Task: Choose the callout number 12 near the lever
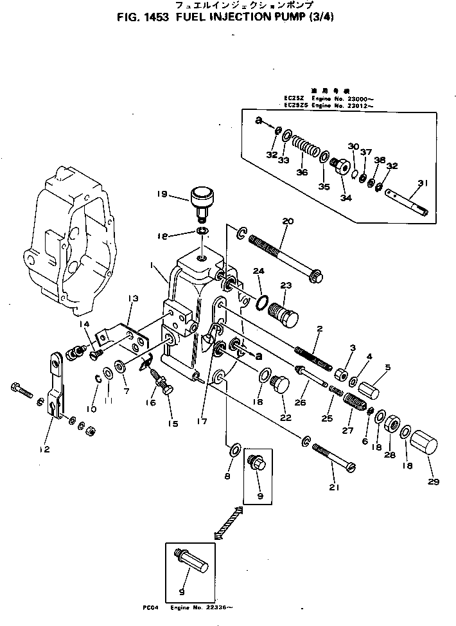coord(44,449)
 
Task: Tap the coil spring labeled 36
coord(306,151)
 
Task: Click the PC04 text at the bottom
coord(152,606)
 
